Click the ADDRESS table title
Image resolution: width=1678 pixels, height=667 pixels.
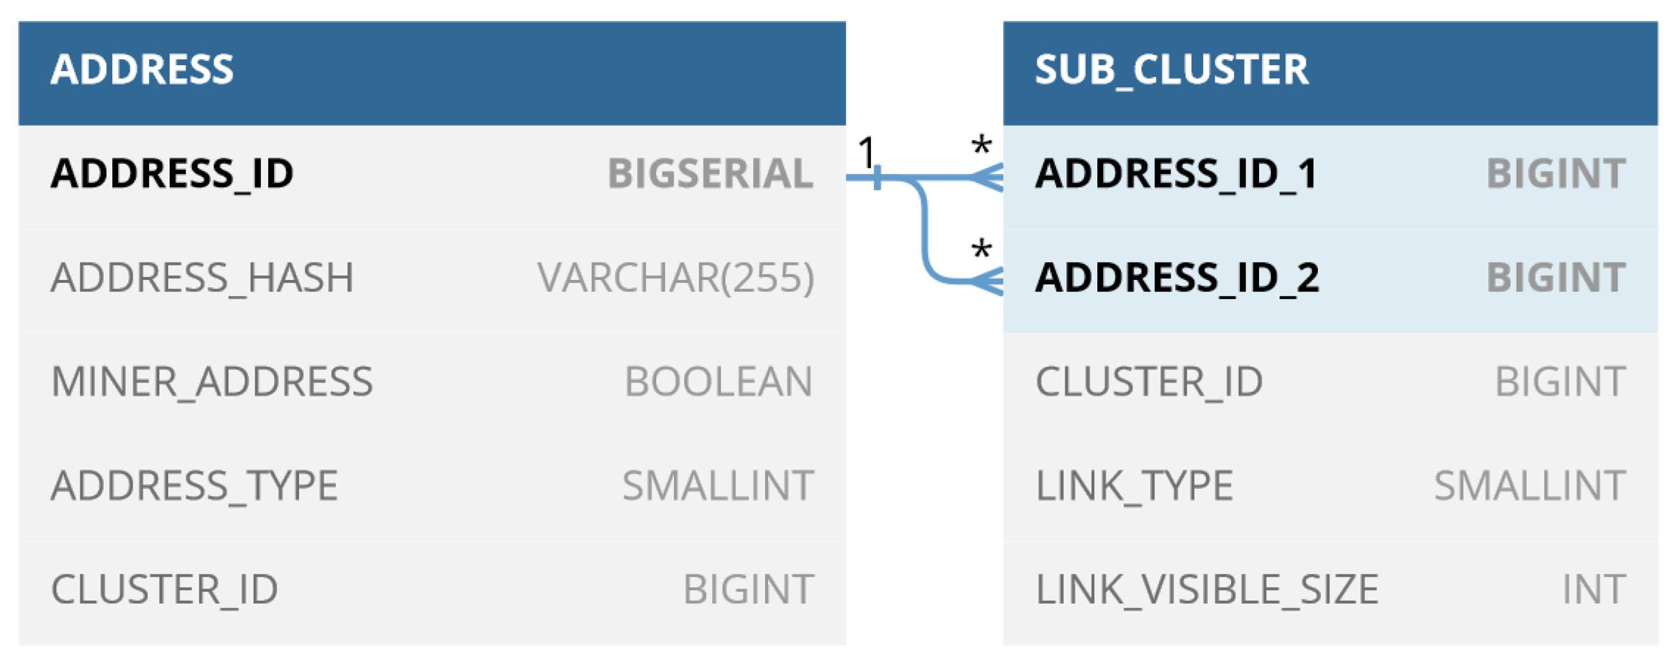pos(142,70)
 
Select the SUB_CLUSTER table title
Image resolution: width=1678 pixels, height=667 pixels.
pos(1171,70)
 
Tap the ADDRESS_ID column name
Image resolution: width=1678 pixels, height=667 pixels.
pos(172,174)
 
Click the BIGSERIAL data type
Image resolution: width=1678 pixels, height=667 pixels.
pos(710,174)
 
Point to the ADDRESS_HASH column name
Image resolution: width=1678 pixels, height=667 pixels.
pos(202,278)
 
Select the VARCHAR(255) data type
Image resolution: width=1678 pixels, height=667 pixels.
pos(676,278)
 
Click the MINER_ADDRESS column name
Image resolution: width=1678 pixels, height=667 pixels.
pos(212,382)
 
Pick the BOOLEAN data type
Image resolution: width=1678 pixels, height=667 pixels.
pos(719,382)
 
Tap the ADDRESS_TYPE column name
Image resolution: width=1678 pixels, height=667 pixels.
pos(194,486)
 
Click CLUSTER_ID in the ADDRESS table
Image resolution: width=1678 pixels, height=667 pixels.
pos(164,590)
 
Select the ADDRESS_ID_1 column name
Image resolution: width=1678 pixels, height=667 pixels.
pos(1176,174)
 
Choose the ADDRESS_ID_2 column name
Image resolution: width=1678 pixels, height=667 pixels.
pos(1177,278)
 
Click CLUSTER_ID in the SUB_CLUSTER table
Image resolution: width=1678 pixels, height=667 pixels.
pos(1149,382)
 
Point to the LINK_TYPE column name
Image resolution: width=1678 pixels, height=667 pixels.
pos(1134,486)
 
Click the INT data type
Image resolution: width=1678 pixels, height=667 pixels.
pos(1593,590)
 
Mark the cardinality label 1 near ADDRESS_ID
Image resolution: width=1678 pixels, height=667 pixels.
pos(867,153)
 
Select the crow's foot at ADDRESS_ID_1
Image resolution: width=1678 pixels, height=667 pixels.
pos(986,177)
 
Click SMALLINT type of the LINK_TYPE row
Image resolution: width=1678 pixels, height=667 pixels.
pos(1530,486)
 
